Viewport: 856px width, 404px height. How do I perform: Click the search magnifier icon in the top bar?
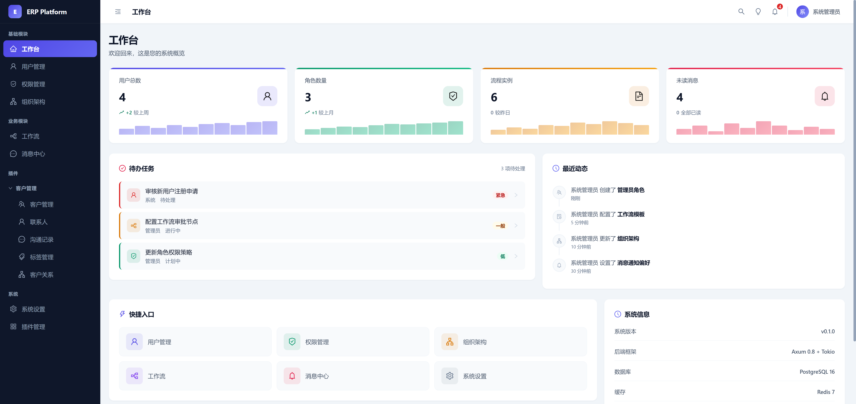pos(741,12)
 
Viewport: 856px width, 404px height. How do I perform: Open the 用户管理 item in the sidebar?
pos(33,67)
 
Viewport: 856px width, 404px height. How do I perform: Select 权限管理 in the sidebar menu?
pos(33,84)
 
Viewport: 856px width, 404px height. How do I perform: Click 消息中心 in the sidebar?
pos(33,154)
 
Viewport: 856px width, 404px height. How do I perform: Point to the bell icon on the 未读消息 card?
pos(824,96)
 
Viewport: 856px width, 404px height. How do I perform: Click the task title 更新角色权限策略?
pos(169,252)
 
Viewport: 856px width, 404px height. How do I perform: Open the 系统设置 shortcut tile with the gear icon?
pos(474,376)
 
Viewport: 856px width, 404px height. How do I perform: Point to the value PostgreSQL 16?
pos(817,372)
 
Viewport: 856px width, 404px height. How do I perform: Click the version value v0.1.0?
pos(827,332)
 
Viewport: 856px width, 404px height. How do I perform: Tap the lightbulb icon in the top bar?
pos(758,12)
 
